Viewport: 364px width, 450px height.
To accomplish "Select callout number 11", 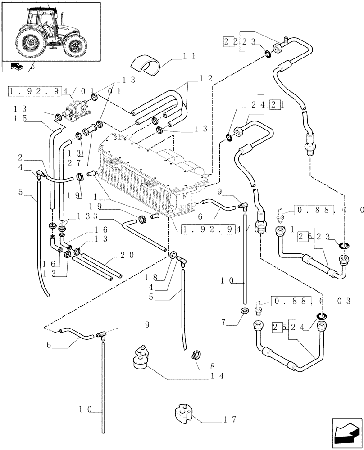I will coord(189,56).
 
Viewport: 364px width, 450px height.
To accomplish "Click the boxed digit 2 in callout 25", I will coord(274,327).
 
